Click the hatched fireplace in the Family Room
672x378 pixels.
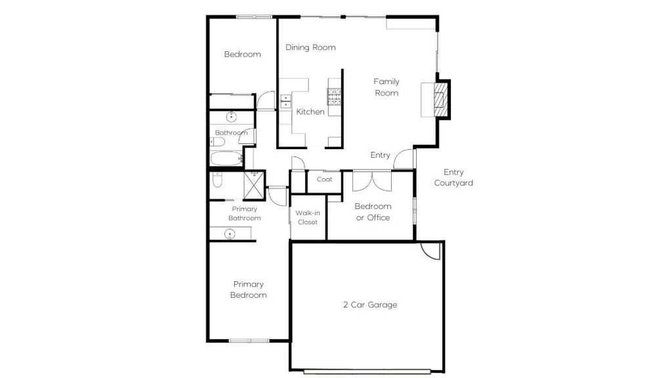coord(442,100)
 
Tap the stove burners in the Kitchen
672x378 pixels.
coord(335,97)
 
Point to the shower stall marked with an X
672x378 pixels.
coord(254,184)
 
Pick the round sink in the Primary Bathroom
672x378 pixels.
coord(230,233)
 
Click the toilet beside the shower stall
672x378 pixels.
coord(218,180)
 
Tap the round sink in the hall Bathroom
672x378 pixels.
coord(231,118)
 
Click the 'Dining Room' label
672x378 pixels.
coord(310,47)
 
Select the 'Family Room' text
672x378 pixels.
coord(387,87)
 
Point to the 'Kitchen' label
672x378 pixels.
coord(310,112)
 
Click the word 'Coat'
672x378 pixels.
coord(324,179)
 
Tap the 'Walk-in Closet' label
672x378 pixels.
coord(307,218)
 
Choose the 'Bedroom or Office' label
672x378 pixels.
coord(373,212)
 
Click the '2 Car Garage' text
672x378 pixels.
coord(370,305)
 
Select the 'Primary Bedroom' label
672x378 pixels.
coord(248,289)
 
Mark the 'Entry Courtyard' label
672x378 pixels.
coord(453,177)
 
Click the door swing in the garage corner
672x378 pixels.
coord(430,250)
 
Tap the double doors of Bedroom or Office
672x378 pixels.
coord(371,180)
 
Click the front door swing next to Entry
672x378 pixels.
coord(407,158)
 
